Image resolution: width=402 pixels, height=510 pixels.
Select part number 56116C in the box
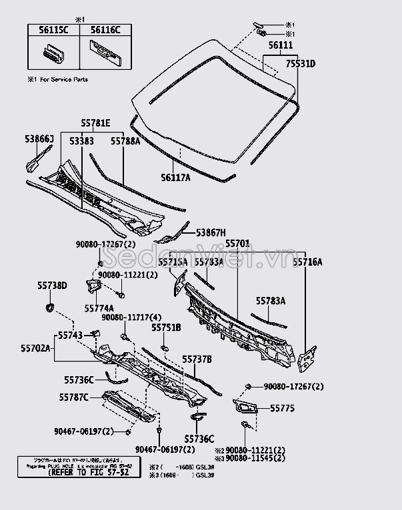point(105,30)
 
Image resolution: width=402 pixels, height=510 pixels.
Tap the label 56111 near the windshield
point(281,45)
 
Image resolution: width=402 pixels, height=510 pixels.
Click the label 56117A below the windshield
point(175,177)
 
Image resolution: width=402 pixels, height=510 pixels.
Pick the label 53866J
point(39,138)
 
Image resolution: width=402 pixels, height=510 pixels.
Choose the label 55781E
point(96,124)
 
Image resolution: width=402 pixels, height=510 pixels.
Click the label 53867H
point(211,232)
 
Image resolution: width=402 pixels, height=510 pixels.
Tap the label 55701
point(237,244)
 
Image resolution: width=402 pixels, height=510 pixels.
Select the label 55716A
point(307,262)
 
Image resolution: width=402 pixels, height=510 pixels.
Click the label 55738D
point(52,285)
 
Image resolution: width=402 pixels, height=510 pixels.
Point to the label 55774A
point(99,308)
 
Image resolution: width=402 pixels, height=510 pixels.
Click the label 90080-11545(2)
point(255,459)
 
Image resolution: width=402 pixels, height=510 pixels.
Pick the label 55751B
point(166,328)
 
